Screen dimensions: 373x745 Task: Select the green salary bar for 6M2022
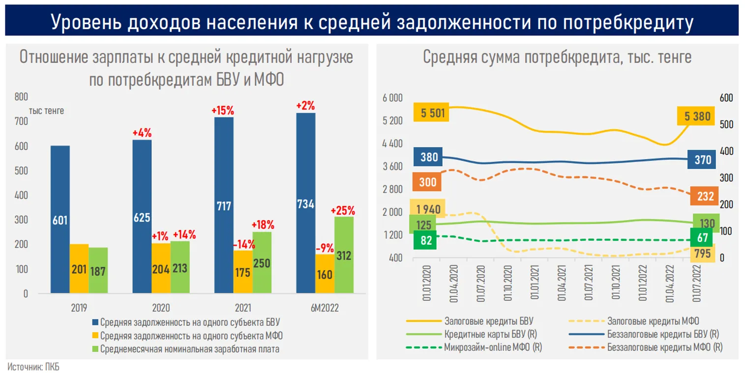click(x=344, y=255)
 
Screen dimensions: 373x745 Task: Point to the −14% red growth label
click(x=243, y=243)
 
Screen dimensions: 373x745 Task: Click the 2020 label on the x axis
click(x=161, y=308)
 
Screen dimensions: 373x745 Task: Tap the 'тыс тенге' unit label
click(x=47, y=111)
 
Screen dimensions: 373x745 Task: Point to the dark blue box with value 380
click(x=429, y=157)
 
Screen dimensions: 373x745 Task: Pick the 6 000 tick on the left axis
click(x=392, y=98)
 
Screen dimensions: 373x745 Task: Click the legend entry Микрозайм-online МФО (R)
click(x=490, y=347)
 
